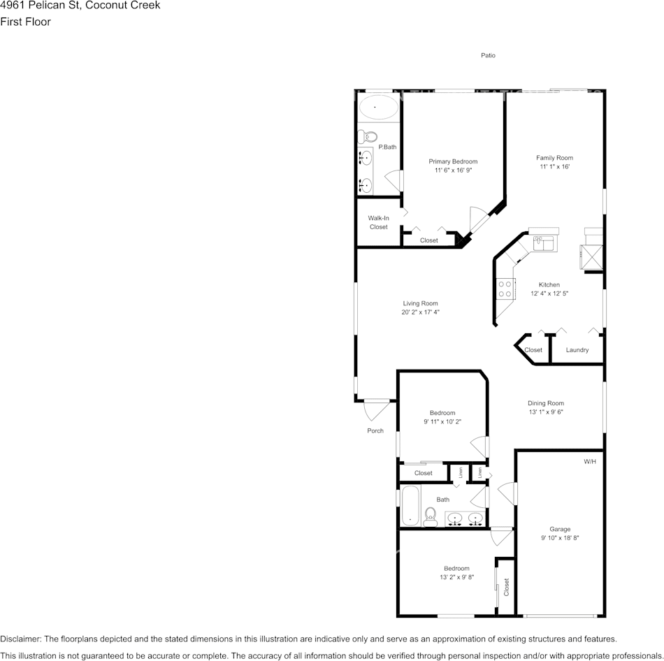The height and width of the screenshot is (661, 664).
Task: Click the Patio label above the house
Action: point(488,55)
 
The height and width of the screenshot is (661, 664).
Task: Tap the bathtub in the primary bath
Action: point(378,108)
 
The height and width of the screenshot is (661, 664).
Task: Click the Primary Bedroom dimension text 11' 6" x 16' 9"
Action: point(453,170)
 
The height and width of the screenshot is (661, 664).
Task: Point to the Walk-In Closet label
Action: point(378,222)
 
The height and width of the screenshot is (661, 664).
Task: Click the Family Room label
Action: point(554,158)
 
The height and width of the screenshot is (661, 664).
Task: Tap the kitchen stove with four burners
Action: point(505,289)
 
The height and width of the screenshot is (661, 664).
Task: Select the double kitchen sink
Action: point(544,242)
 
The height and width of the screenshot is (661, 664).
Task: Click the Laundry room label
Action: point(577,350)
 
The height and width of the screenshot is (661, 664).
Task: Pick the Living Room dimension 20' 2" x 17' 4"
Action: point(420,312)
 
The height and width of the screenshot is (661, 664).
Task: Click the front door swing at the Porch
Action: point(376,408)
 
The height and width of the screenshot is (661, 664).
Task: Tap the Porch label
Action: point(375,430)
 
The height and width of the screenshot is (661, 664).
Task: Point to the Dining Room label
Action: point(545,403)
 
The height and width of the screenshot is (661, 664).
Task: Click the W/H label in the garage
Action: point(590,462)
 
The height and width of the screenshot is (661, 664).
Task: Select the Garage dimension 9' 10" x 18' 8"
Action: point(560,538)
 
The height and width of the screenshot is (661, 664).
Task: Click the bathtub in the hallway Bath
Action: point(410,506)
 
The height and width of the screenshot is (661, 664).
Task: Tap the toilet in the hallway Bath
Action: point(430,516)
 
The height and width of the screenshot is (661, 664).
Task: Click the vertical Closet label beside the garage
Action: point(507,587)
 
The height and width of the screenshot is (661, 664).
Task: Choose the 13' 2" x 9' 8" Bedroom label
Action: point(456,577)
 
